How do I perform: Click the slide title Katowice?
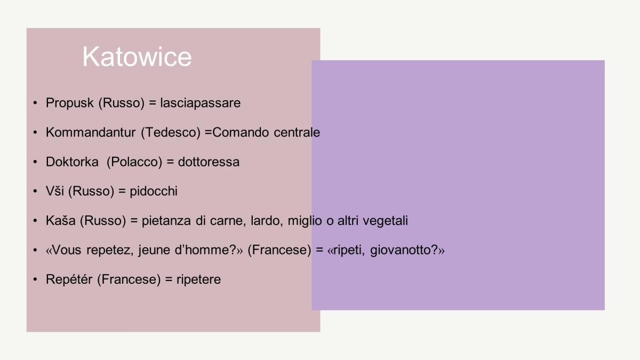(137, 57)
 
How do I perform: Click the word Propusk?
(70, 103)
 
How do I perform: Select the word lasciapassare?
(201, 103)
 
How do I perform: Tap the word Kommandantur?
(91, 132)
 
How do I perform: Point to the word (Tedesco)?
(171, 133)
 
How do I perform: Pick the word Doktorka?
(73, 162)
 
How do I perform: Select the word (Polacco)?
(134, 162)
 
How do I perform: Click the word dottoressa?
(209, 162)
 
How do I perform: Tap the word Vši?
(55, 191)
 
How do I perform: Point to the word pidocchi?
(154, 191)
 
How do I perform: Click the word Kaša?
(61, 221)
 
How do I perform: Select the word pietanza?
(166, 221)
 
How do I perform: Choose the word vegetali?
(385, 221)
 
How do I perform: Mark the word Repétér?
(69, 279)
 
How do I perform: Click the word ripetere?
(198, 279)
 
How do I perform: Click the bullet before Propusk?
(35, 102)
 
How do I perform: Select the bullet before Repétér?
(35, 279)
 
